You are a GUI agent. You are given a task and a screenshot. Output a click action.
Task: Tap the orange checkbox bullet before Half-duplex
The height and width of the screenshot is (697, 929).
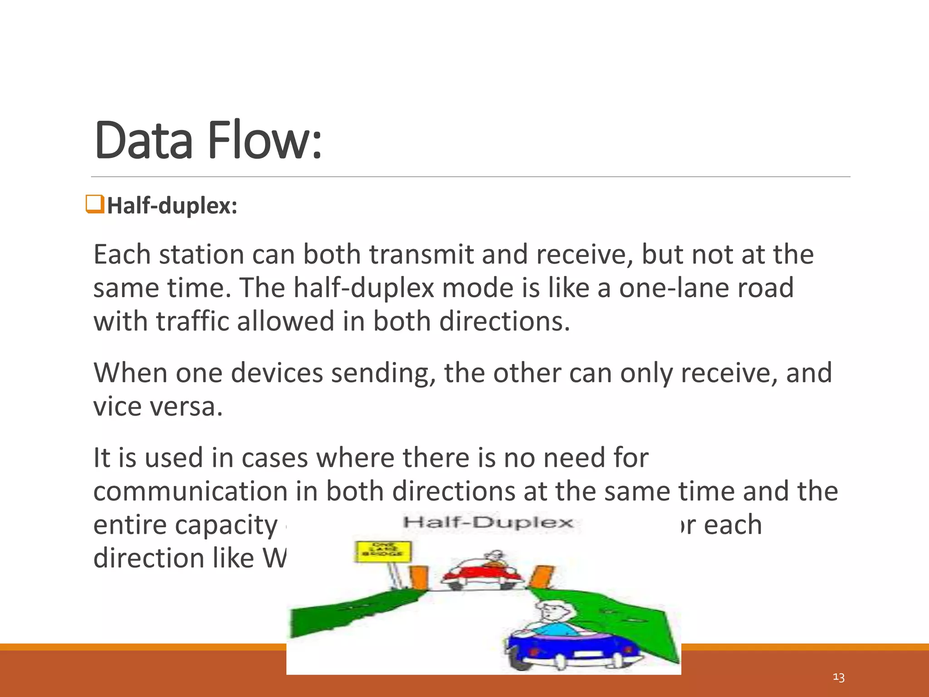coord(95,204)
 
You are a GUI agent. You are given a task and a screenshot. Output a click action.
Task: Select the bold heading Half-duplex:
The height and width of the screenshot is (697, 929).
coord(172,206)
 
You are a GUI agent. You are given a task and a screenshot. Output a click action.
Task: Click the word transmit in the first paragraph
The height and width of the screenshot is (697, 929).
coord(421,254)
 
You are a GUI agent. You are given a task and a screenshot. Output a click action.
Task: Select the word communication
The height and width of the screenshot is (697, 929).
coord(191,491)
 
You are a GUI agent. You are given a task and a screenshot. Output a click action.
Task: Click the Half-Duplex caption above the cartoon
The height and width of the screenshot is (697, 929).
coord(488,522)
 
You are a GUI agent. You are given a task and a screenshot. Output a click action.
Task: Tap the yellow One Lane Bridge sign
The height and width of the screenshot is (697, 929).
coord(382,551)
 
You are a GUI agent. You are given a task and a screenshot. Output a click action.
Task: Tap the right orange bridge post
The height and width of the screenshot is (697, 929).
coord(541,575)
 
